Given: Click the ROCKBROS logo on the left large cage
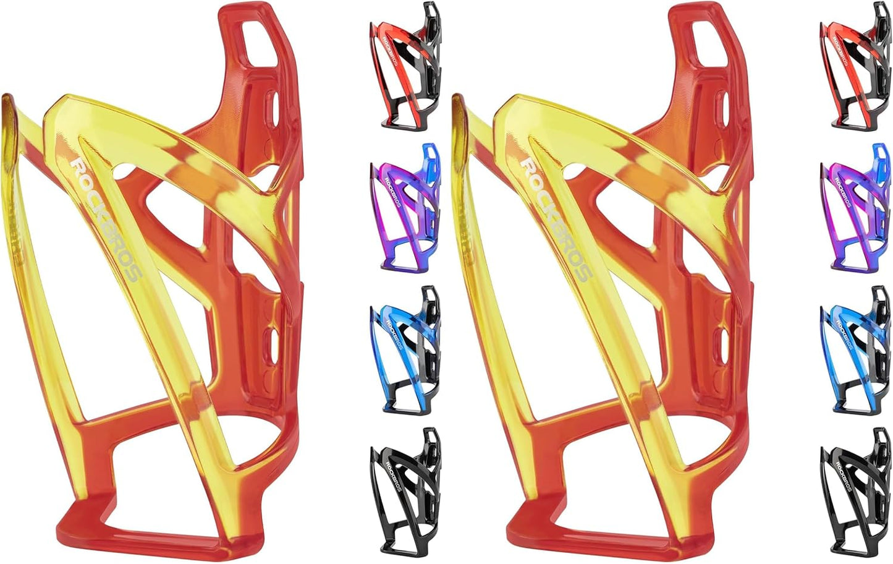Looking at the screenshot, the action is [105, 220].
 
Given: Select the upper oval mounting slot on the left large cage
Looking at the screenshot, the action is [273, 108].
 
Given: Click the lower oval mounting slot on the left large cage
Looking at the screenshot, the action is [273, 346].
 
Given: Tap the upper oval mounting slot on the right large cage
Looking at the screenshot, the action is [724, 108].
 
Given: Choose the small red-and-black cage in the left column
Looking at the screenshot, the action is [405, 66].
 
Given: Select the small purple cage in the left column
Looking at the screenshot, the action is [405, 208].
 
